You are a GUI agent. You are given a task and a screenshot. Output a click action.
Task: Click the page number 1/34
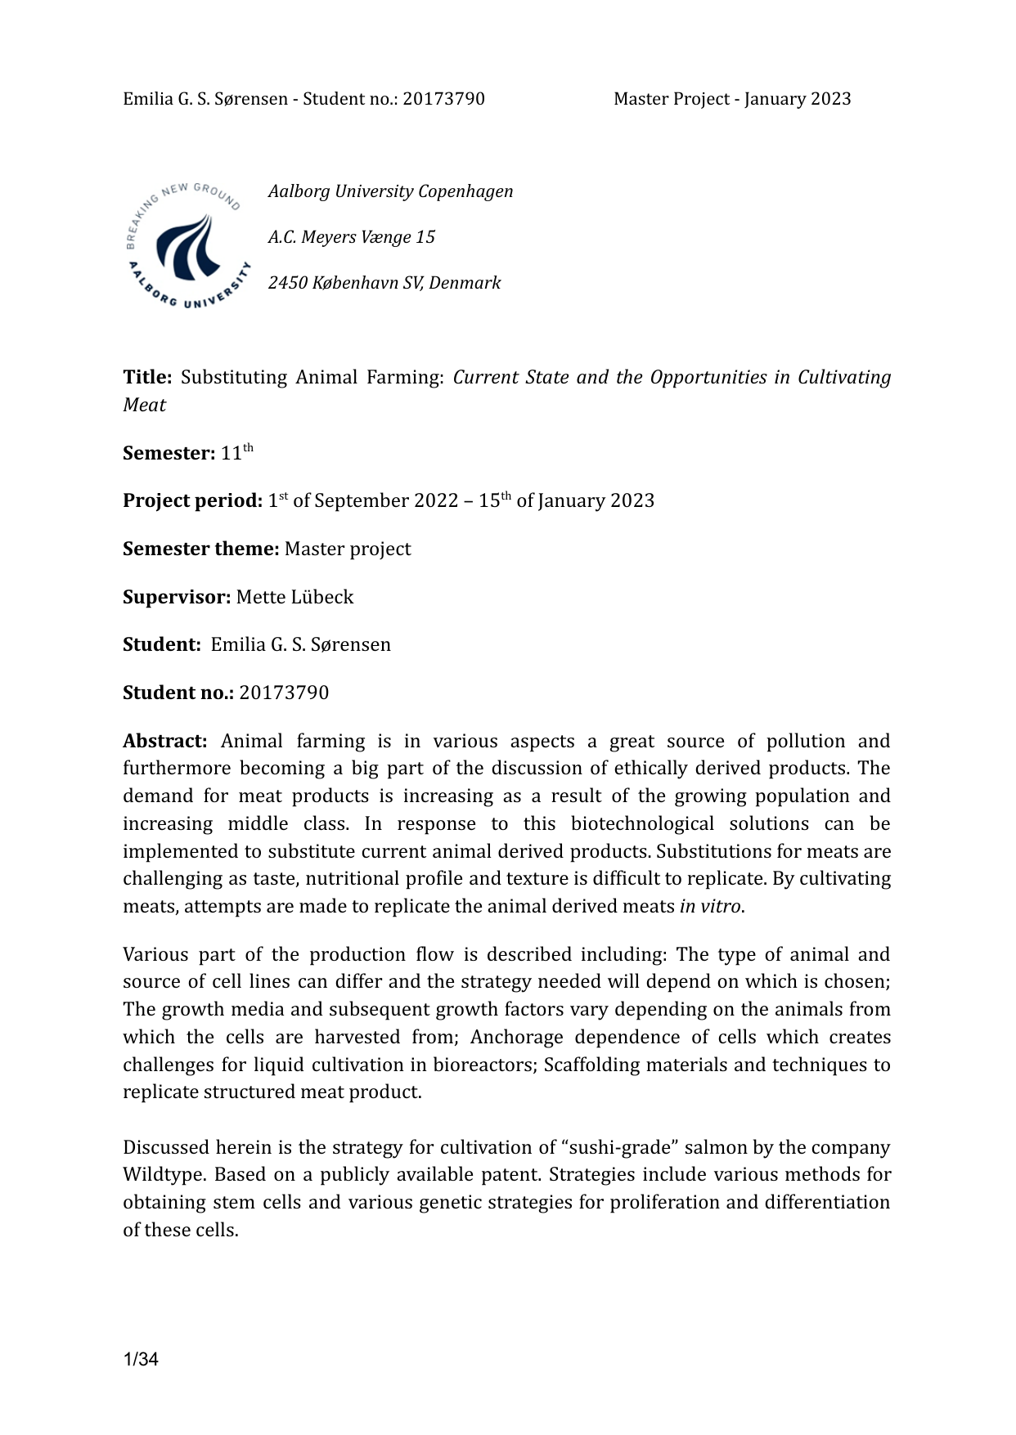coord(141,1360)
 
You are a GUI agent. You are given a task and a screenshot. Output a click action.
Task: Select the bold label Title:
coord(147,378)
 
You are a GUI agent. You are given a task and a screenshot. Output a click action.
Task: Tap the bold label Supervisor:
coord(177,597)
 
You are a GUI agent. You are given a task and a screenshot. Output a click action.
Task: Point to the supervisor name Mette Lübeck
coord(294,597)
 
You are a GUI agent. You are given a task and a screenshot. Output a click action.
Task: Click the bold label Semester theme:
coord(201,549)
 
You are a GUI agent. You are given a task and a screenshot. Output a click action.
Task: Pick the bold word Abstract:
coord(165,742)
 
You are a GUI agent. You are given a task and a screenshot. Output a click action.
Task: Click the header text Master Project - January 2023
coord(732,99)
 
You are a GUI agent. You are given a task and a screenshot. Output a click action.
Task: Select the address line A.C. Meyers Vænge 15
coord(352,237)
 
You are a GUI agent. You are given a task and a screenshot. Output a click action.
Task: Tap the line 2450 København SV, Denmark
coord(384,283)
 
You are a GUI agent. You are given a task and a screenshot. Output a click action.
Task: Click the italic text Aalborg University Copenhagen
coord(391,191)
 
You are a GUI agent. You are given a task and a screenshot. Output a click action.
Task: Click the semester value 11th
coord(236,452)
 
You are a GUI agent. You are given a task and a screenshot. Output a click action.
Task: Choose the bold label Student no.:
coord(178,693)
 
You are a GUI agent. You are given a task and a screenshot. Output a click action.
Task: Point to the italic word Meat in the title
coord(144,406)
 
